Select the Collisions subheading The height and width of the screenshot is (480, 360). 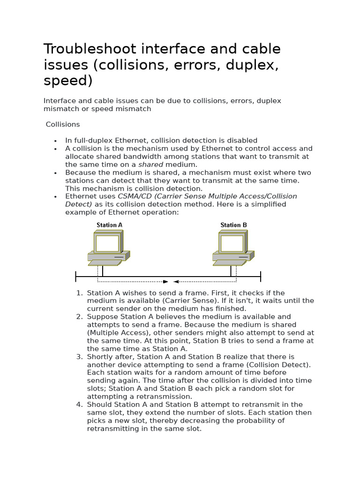(x=63, y=124)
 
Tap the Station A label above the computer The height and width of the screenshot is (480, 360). (x=109, y=225)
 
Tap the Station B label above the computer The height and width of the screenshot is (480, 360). (x=233, y=225)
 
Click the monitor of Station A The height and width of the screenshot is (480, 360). (x=108, y=243)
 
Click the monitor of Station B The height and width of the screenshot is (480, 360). (x=232, y=243)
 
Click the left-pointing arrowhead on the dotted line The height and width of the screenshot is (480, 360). (x=176, y=282)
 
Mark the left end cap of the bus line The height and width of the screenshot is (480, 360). (x=76, y=277)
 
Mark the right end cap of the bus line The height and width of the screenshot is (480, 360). (x=260, y=277)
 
